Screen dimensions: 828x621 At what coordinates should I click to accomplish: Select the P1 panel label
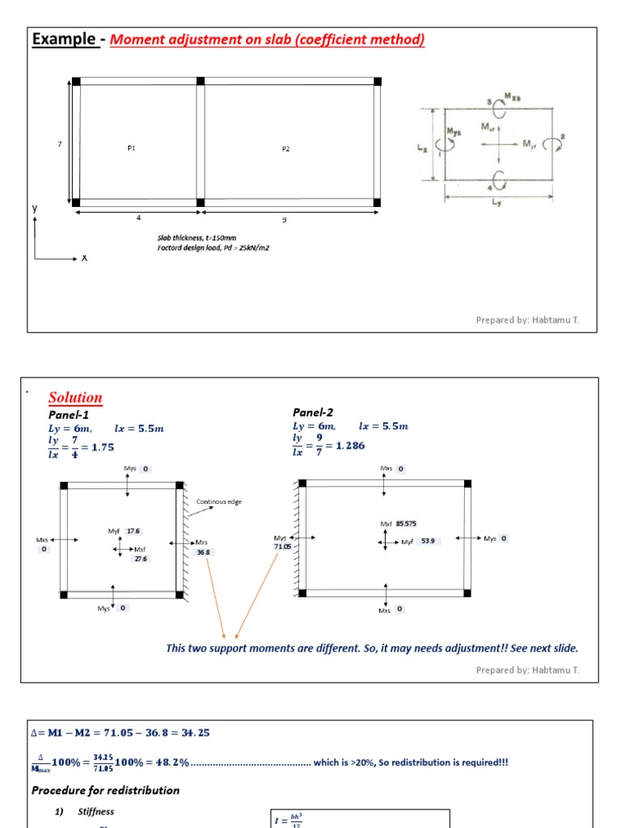click(x=132, y=148)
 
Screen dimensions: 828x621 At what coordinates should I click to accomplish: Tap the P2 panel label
click(x=285, y=149)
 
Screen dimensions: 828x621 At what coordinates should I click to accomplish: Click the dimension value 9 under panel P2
click(x=285, y=219)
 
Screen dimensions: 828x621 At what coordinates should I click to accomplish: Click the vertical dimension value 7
click(x=59, y=144)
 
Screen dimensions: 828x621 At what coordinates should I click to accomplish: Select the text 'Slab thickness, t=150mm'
click(x=196, y=238)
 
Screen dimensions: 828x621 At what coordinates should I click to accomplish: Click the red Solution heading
click(x=75, y=397)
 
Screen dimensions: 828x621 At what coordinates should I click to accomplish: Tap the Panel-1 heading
click(x=69, y=414)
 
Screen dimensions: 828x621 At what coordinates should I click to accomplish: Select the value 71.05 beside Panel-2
click(x=281, y=547)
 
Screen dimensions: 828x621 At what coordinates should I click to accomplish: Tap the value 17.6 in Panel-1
click(x=133, y=531)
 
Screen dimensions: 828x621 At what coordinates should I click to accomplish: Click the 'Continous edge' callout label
click(x=218, y=501)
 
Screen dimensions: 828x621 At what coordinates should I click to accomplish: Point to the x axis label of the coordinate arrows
click(x=84, y=258)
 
